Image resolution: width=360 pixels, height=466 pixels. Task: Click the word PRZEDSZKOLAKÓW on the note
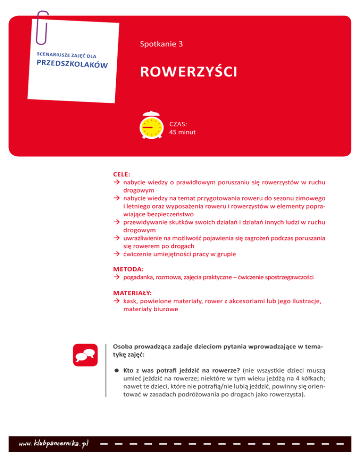tap(73, 67)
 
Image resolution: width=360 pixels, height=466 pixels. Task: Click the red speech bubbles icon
tap(85, 356)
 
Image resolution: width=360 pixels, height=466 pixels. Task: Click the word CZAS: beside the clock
tap(178, 125)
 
